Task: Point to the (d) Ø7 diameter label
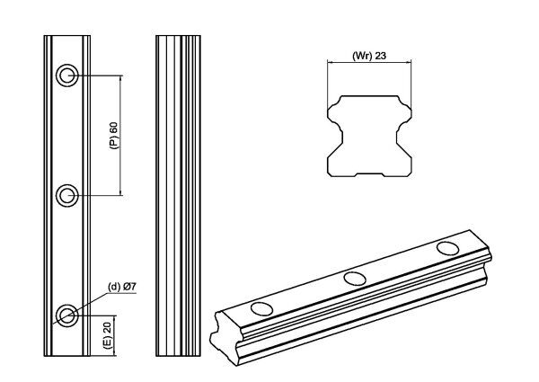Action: point(121,287)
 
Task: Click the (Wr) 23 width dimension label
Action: point(368,56)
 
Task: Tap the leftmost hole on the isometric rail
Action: point(262,308)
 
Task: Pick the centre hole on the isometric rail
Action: point(354,278)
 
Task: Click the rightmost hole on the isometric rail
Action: point(446,247)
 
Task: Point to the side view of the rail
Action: point(176,193)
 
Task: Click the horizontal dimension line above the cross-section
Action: point(368,63)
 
